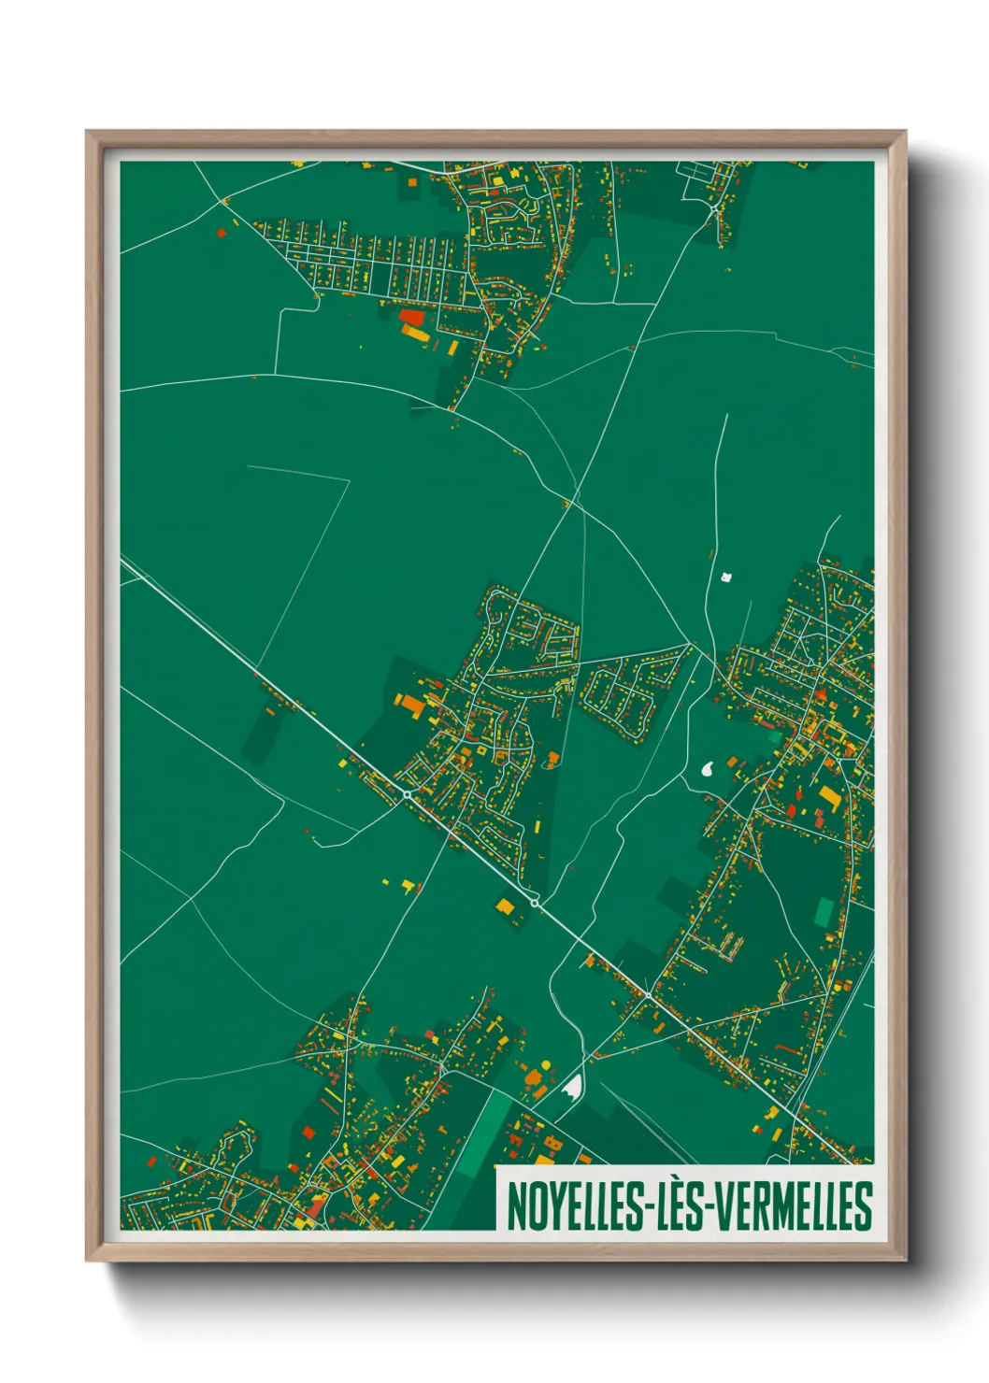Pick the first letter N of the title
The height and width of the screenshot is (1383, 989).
[x=515, y=1206]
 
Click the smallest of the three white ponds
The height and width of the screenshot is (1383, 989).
[x=725, y=577]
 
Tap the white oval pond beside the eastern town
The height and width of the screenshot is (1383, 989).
[x=709, y=770]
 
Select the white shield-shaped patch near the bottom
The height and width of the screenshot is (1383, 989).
[x=572, y=1086]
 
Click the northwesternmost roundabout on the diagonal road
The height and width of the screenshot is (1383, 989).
[x=408, y=794]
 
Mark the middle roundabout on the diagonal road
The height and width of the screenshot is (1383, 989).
[x=535, y=902]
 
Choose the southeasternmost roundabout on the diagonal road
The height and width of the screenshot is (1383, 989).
[x=647, y=995]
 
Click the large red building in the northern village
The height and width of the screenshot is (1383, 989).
[x=410, y=317]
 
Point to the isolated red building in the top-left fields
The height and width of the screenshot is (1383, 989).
[x=222, y=234]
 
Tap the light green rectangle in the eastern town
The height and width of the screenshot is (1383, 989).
[x=824, y=912]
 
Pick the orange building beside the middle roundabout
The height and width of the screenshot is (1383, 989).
[x=505, y=905]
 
